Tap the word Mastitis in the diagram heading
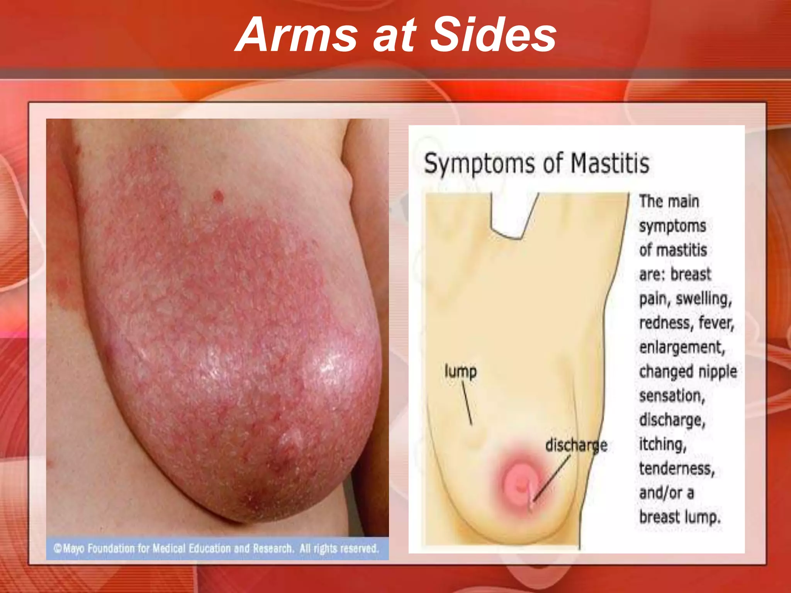click(610, 164)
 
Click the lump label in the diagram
click(460, 371)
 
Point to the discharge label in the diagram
click(576, 446)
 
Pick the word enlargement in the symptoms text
click(682, 347)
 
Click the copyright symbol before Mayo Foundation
click(58, 548)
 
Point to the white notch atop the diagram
click(512, 214)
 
